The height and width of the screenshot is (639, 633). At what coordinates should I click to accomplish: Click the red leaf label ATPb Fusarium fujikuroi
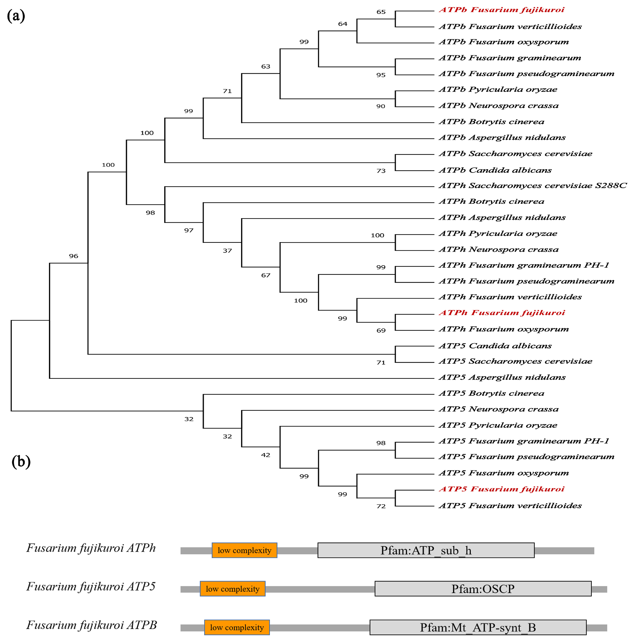click(501, 10)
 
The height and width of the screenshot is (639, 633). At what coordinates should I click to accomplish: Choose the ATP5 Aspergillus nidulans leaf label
click(502, 377)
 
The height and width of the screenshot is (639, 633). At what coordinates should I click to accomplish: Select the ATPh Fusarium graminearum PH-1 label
click(524, 265)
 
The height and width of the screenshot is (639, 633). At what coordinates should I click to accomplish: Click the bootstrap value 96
click(73, 256)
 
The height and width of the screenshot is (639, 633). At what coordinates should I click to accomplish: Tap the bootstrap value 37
click(227, 251)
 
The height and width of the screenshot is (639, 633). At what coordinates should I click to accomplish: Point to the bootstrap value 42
click(265, 455)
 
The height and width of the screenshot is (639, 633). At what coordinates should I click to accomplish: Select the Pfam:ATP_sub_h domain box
click(426, 550)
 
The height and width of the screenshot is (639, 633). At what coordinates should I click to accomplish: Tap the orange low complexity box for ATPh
click(244, 550)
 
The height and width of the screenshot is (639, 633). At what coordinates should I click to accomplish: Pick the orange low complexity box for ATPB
click(237, 628)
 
